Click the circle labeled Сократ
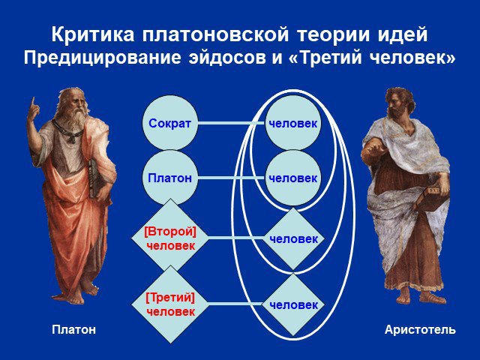pyautogui.click(x=170, y=123)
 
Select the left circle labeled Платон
pyautogui.click(x=170, y=178)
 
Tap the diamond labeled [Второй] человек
pyautogui.click(x=170, y=238)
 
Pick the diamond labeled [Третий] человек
pyautogui.click(x=170, y=304)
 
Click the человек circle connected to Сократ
pyautogui.click(x=293, y=123)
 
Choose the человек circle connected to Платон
pyautogui.click(x=293, y=178)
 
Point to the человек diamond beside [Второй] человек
pyautogui.click(x=293, y=238)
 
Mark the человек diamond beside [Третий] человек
pyautogui.click(x=293, y=304)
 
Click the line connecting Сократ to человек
pyautogui.click(x=232, y=123)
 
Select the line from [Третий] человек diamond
pyautogui.click(x=235, y=304)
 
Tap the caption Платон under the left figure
pyautogui.click(x=73, y=330)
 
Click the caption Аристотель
pyautogui.click(x=420, y=330)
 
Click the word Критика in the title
pyautogui.click(x=93, y=34)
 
